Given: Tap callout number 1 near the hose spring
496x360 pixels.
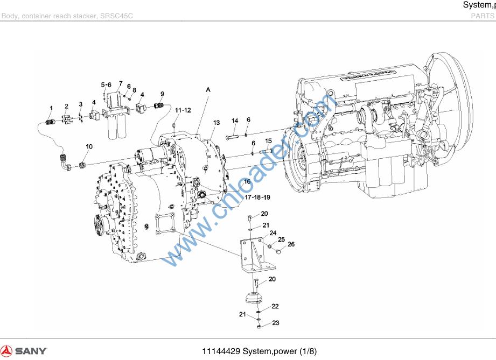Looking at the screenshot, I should point(51,109).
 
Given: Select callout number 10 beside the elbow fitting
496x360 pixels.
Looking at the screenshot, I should point(89,146).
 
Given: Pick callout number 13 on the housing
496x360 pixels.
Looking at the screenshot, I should point(216,123).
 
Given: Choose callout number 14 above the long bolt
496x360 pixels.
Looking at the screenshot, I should point(235,121).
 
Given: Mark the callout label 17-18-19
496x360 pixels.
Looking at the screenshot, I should point(257,197).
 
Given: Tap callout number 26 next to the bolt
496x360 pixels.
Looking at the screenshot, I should point(291,244).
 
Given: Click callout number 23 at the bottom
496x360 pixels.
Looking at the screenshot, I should point(276,323).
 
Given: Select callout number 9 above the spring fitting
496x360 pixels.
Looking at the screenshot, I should point(162,94).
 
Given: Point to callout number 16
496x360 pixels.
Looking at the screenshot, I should point(247,182).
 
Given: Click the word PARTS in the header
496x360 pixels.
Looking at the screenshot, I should point(483,16).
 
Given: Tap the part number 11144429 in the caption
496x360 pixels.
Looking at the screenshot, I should point(221,352).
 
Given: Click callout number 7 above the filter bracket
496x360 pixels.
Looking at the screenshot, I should point(121,83).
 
